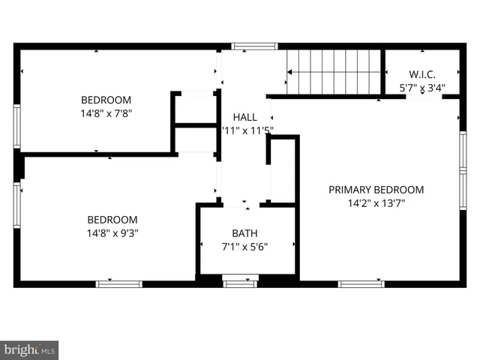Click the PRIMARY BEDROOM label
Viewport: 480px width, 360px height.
coord(376,190)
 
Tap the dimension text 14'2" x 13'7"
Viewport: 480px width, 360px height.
coord(376,202)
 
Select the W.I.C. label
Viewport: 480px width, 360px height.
coord(422,74)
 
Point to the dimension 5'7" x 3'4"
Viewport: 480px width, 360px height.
coord(422,88)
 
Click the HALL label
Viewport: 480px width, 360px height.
coord(244,117)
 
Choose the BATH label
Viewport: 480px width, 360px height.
coord(244,233)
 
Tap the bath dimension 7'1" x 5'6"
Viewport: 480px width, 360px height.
coord(244,246)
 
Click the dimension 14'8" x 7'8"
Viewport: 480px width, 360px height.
coord(106,113)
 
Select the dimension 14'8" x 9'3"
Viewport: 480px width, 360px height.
coord(112,232)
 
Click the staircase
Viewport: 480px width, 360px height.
coord(334,72)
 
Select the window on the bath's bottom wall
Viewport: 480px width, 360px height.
coord(241,283)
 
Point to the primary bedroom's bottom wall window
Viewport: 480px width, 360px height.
coord(361,283)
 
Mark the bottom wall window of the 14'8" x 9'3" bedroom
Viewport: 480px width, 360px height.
coord(118,283)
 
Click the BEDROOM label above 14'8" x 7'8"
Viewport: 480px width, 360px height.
coord(106,100)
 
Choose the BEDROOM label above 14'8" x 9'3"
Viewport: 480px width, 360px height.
coord(112,219)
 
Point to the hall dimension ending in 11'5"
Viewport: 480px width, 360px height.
coord(247,130)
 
